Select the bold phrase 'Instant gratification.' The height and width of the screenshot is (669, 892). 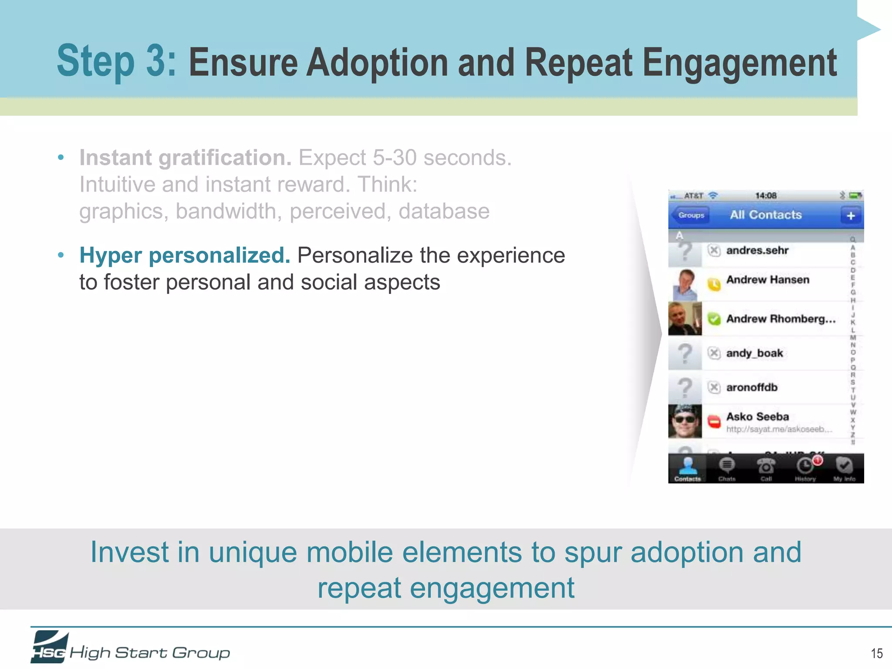click(185, 158)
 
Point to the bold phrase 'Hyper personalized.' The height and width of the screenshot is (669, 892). click(185, 255)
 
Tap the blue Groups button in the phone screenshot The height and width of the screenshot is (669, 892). click(691, 215)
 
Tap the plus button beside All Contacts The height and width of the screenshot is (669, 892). click(851, 216)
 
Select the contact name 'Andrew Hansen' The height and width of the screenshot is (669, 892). click(767, 280)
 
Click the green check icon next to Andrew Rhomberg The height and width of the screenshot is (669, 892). click(714, 319)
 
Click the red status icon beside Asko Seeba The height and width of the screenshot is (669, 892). click(714, 421)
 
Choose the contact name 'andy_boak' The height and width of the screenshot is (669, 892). click(754, 353)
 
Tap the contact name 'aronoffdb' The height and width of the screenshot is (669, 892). click(752, 387)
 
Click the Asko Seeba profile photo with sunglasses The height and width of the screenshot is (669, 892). click(685, 421)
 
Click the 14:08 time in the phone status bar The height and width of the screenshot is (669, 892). click(766, 196)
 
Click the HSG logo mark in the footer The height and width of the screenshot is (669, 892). click(49, 648)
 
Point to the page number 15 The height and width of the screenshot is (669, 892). click(876, 653)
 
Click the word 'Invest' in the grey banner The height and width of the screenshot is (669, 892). click(129, 552)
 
